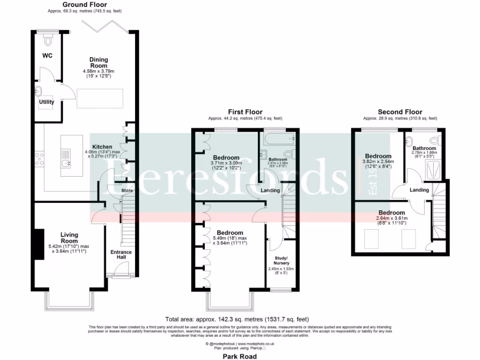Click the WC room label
tap(47, 56)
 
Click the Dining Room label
tap(99, 62)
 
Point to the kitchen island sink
tap(65, 163)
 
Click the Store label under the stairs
tap(127, 191)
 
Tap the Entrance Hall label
tap(121, 255)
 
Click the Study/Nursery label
tap(282, 260)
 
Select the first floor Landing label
tap(270, 190)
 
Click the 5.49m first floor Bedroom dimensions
tap(230, 240)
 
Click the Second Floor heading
tap(400, 112)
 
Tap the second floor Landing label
tap(419, 190)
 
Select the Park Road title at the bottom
tap(240, 356)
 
